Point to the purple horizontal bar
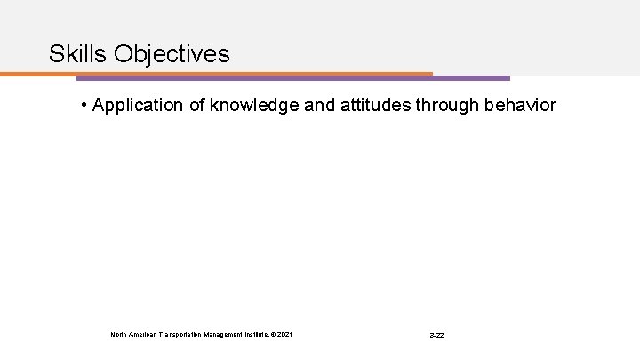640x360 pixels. coord(293,78)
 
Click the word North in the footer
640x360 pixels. coord(119,334)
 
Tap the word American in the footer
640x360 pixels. coord(145,334)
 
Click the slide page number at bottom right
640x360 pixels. coord(436,335)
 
